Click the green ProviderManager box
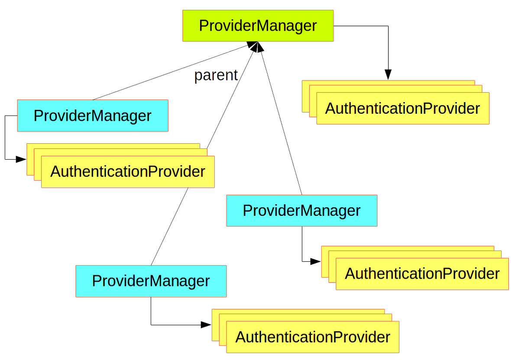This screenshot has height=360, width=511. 258,26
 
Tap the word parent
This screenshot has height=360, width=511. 216,75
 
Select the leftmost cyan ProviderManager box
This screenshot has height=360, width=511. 92,116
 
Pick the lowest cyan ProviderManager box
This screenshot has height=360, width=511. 151,281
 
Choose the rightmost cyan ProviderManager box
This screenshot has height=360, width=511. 301,211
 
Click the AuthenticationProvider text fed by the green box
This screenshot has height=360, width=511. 402,109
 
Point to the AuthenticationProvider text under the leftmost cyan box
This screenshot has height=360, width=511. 127,172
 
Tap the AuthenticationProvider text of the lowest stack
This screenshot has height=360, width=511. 312,337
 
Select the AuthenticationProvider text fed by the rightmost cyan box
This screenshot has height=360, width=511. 422,274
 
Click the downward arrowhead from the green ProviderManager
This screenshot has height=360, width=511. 388,75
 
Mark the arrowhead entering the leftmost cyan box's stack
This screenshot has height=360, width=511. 21,160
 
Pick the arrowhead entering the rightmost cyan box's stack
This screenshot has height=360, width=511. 316,261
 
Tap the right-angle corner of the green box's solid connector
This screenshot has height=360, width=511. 388,26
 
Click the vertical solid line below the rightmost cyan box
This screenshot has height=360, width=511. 302,244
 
